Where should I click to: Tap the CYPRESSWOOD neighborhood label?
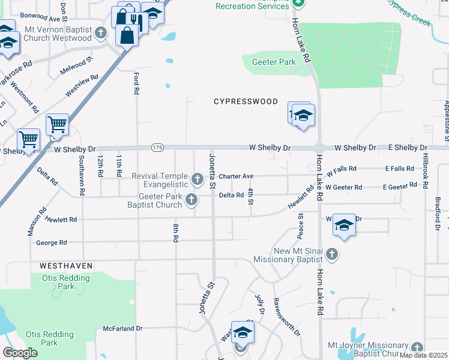click(246, 101)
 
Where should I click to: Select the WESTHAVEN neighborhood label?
click(66, 265)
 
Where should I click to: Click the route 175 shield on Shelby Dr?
click(157, 148)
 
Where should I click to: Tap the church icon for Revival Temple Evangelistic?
click(197, 179)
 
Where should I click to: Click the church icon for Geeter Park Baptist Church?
click(191, 200)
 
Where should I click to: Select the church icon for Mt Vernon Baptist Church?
click(101, 33)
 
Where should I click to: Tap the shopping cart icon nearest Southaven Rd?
click(57, 125)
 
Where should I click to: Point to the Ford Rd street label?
click(136, 83)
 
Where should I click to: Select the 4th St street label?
click(250, 196)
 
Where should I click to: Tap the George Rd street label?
click(51, 243)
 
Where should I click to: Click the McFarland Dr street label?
click(122, 328)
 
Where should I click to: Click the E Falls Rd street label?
click(400, 169)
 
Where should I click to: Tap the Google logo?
click(20, 353)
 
